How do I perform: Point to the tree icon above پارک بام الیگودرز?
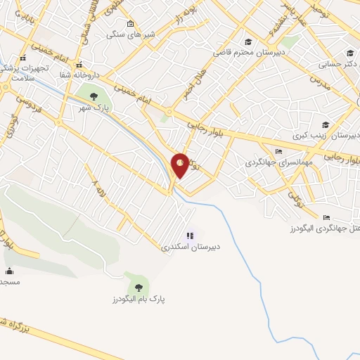[x=138, y=286]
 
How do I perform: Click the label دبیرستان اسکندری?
[x=191, y=247]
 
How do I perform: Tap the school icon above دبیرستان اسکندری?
[x=189, y=236]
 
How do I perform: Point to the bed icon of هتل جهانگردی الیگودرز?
[x=326, y=218]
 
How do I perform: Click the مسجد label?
[x=10, y=282]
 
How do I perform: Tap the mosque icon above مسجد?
[x=9, y=271]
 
